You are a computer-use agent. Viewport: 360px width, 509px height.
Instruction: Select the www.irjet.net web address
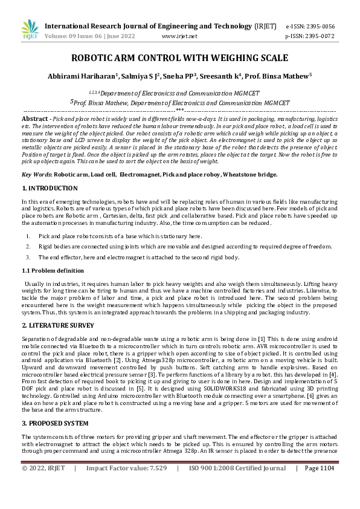pyautogui.click(x=179, y=36)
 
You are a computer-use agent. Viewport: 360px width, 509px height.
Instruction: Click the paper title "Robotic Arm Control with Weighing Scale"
pyautogui.click(x=179, y=59)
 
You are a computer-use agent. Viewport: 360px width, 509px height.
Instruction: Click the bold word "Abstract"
pyautogui.click(x=34, y=119)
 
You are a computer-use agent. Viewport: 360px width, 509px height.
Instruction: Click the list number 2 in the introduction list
pyautogui.click(x=28, y=247)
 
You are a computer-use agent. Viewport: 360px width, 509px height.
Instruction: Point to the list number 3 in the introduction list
pyautogui.click(x=28, y=257)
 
